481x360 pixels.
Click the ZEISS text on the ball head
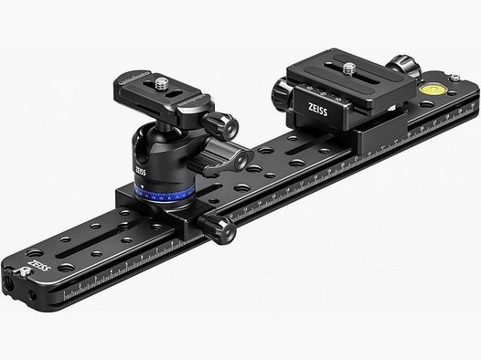click(139, 171)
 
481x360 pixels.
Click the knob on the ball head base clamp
click(222, 232)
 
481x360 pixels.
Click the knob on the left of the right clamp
click(279, 90)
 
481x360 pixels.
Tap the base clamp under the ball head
click(165, 217)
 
